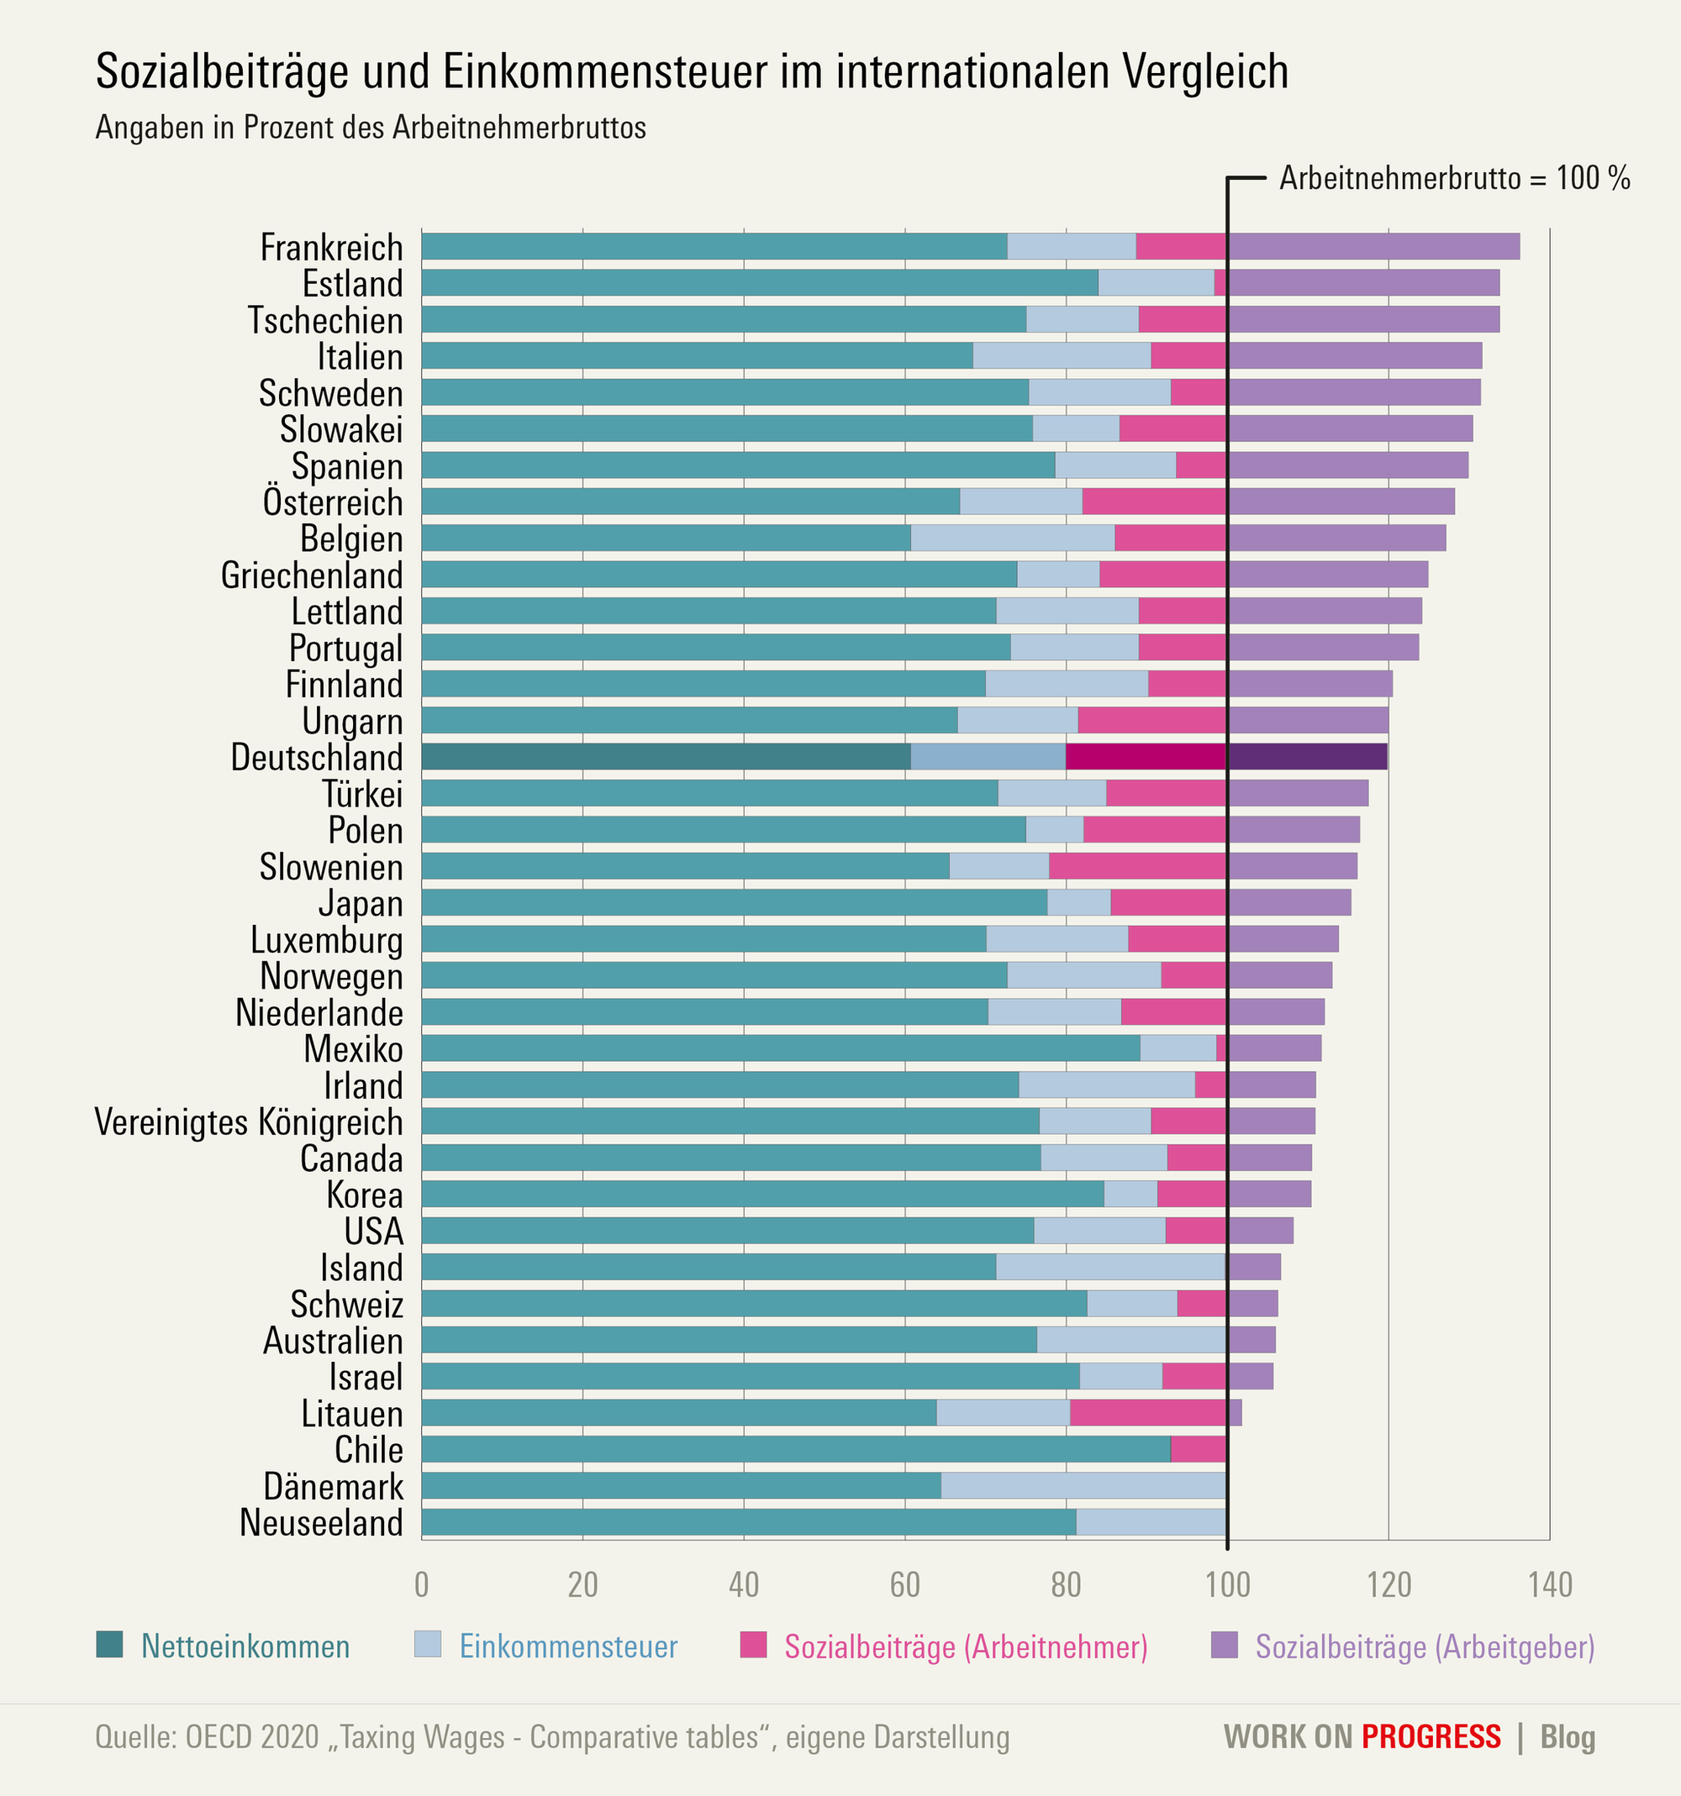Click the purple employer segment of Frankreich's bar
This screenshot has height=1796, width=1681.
click(x=1373, y=247)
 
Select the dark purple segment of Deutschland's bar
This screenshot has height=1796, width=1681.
click(x=1307, y=756)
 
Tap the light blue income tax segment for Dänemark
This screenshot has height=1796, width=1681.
click(x=1083, y=1485)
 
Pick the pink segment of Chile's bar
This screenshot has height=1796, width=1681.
click(x=1198, y=1449)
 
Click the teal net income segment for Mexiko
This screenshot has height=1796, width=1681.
click(x=780, y=1048)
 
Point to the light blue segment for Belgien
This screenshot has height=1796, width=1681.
click(x=1012, y=538)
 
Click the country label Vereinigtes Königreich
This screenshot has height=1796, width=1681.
click(x=249, y=1122)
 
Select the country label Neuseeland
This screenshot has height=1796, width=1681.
click(x=321, y=1522)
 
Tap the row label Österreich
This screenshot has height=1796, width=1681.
click(x=333, y=502)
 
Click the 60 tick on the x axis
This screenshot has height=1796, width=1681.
click(x=904, y=1583)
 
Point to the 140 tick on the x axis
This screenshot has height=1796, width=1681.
click(x=1550, y=1583)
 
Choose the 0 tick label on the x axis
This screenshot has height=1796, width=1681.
click(x=421, y=1583)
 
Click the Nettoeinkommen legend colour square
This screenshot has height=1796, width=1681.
click(x=109, y=1645)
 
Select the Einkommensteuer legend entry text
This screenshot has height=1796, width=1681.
click(x=567, y=1646)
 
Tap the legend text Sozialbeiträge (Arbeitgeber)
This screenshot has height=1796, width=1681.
click(x=1425, y=1646)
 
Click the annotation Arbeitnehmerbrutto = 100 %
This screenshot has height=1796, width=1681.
click(x=1454, y=179)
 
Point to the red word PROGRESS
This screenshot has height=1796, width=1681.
click(x=1431, y=1736)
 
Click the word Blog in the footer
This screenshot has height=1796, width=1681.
click(x=1568, y=1736)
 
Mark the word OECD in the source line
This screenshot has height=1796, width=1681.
click(x=215, y=1736)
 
